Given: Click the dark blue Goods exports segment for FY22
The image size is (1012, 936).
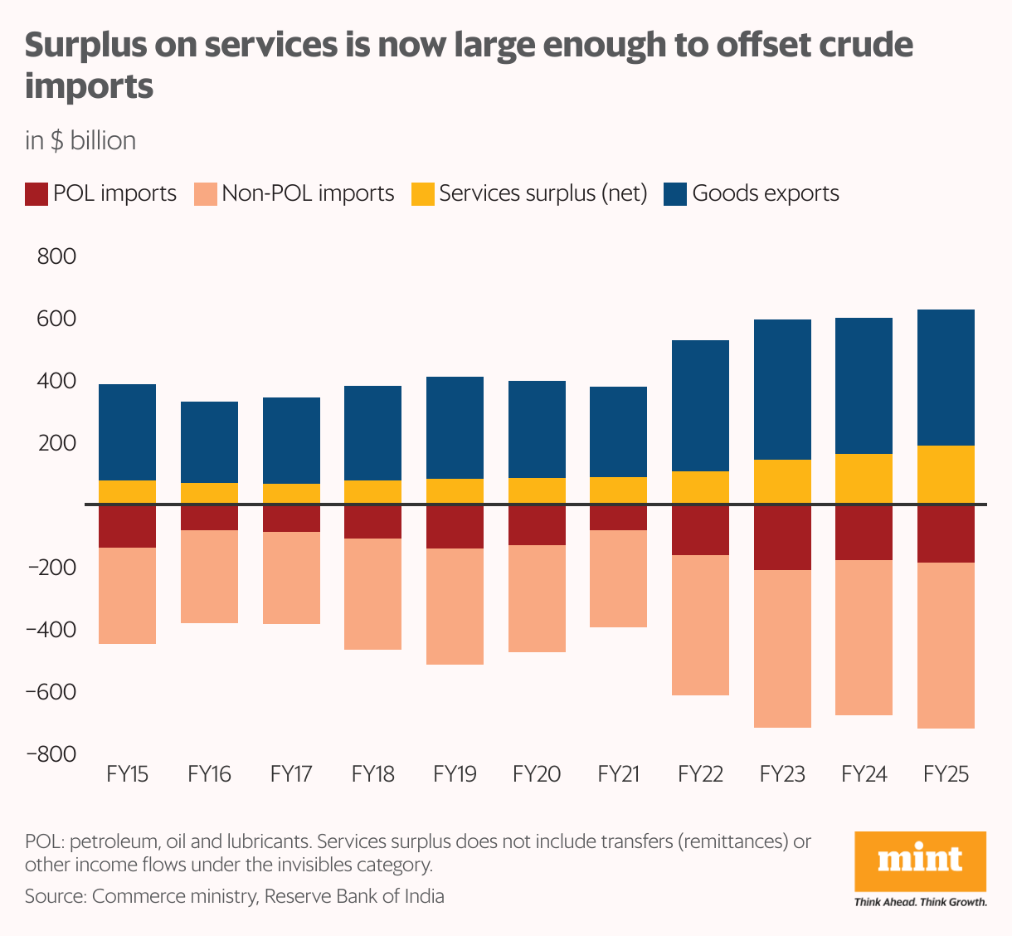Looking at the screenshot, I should click(700, 406).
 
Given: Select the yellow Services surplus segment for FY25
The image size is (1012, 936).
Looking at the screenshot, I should click(946, 475).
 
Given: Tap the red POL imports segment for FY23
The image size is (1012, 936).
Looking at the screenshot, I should click(782, 538).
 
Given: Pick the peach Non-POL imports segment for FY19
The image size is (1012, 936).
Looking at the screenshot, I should click(455, 607).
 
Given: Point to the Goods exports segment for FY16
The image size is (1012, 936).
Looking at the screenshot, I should click(209, 442).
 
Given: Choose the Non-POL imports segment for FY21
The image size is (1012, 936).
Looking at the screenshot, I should click(618, 578).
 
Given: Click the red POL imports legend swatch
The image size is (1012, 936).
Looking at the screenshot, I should click(36, 194).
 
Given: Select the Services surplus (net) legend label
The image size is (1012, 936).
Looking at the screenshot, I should click(542, 193).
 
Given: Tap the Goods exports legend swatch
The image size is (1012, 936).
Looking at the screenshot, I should click(675, 194).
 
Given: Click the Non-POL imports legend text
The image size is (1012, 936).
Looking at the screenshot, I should click(308, 193).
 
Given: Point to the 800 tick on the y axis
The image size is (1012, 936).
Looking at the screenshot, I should click(56, 256).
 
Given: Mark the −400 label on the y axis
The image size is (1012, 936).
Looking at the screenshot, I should click(51, 630).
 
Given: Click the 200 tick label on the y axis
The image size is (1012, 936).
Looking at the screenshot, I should click(56, 443).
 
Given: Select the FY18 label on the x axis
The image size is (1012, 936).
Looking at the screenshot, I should click(372, 774).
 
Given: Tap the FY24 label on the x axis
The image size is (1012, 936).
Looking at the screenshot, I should click(864, 774).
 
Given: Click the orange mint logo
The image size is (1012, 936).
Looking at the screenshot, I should click(920, 861).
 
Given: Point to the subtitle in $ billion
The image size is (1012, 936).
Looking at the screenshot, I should click(80, 140).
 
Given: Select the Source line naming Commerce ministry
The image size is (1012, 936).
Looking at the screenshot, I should click(234, 896).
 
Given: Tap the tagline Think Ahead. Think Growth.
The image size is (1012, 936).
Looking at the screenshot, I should click(920, 902).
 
